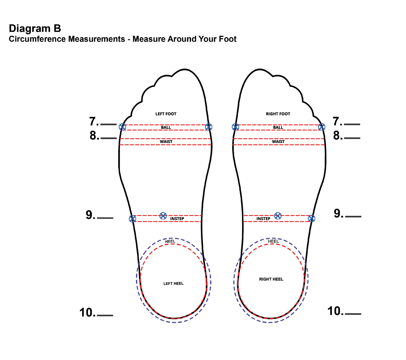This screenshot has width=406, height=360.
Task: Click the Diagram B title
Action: [x=35, y=29]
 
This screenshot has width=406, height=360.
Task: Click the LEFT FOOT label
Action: [x=166, y=114]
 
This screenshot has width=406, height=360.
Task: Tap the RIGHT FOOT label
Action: [x=278, y=114]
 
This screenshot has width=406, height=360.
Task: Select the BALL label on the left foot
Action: [x=166, y=128]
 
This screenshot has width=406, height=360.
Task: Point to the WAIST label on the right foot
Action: [x=278, y=142]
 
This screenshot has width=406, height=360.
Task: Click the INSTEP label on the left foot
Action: [x=177, y=219]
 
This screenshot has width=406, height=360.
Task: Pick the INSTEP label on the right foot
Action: [x=263, y=219]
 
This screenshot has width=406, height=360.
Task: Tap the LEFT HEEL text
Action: [x=173, y=284]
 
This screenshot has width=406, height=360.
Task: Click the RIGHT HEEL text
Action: [x=271, y=279]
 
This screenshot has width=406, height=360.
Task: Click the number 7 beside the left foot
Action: [x=93, y=122]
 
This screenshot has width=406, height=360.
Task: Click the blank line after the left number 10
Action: [x=105, y=315]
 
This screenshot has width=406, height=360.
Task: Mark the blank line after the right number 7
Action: [x=352, y=124]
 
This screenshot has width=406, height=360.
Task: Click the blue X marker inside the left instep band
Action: [x=163, y=216]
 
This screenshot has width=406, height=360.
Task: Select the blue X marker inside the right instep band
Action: [x=278, y=216]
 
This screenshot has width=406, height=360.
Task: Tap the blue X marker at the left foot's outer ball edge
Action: [x=123, y=127]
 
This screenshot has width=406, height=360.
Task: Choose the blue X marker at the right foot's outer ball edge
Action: [x=322, y=127]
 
